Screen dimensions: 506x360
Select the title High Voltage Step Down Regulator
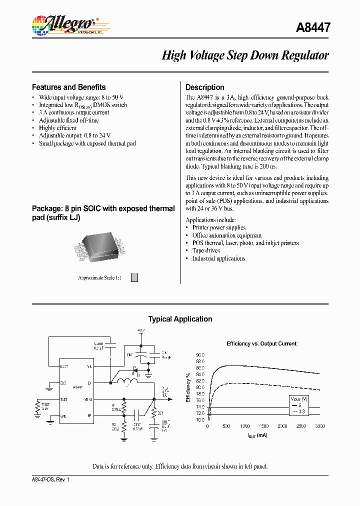point(245,55)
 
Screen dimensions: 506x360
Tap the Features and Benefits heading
point(68,87)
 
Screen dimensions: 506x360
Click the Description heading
point(204,87)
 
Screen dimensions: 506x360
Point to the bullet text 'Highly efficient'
point(57,128)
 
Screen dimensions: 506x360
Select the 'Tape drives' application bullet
point(206,250)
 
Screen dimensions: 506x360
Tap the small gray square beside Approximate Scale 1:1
point(134,277)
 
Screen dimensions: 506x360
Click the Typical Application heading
point(180,319)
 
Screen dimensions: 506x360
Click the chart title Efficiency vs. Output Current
point(261,343)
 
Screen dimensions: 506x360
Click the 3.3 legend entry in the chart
point(299,411)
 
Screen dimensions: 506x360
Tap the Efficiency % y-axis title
point(188,388)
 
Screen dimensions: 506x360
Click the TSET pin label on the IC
point(63,399)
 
